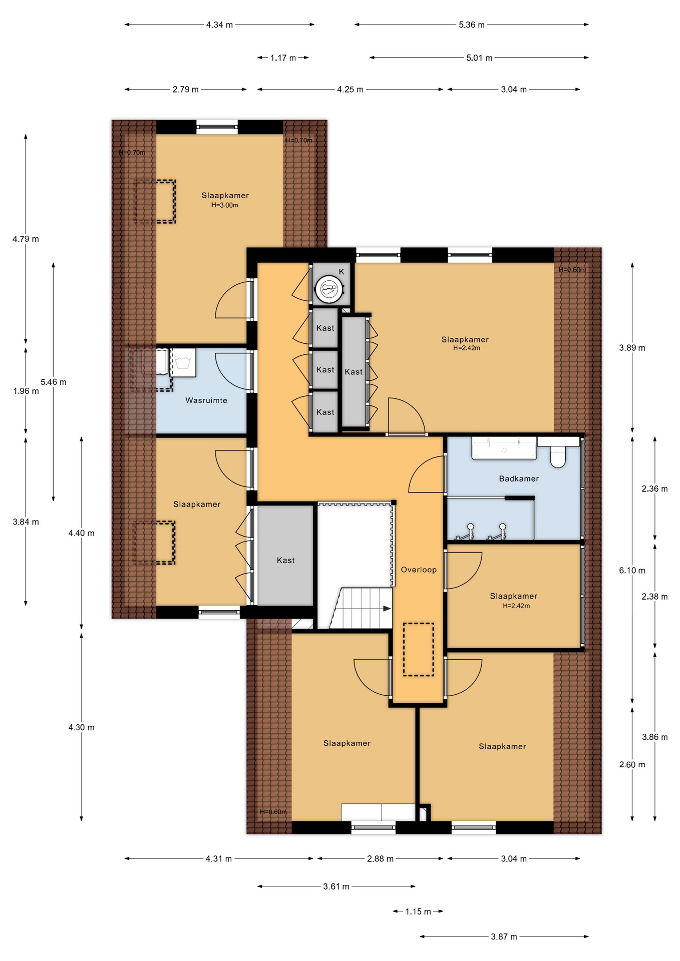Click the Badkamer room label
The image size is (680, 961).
pos(519,478)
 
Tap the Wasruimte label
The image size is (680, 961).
pos(206,400)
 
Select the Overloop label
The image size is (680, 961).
pos(419,570)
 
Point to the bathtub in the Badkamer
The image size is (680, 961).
pos(504,448)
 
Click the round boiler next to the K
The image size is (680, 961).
pos(329,289)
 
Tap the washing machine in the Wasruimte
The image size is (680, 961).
pos(183,362)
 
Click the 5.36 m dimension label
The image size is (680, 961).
pos(472,25)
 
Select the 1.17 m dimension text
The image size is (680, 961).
pos(283,58)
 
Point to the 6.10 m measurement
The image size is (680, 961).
pos(632,570)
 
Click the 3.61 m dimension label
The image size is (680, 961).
pos(336,886)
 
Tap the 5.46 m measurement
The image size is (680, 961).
pos(53,382)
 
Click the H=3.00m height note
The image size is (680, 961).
pos(225,205)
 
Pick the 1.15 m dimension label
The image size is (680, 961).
pos(418,911)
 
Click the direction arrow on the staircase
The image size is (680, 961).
pos(387,609)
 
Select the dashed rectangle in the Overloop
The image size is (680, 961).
pos(419,649)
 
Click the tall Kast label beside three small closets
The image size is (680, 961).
pos(354,372)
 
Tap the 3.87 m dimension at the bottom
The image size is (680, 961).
pos(504,936)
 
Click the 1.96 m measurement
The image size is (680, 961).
pos(26,391)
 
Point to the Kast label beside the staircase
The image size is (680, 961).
pos(286,561)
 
